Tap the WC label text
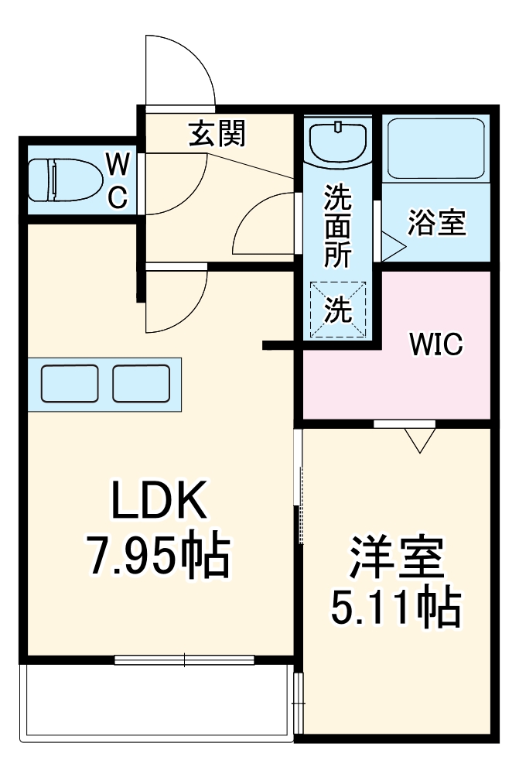click(x=117, y=180)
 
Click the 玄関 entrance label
click(x=217, y=134)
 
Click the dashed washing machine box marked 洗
click(x=337, y=309)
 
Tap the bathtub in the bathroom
click(x=435, y=148)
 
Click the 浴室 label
click(x=437, y=223)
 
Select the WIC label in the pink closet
click(x=435, y=343)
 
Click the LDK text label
click(x=159, y=502)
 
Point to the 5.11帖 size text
click(x=396, y=608)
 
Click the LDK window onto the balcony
click(x=184, y=660)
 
